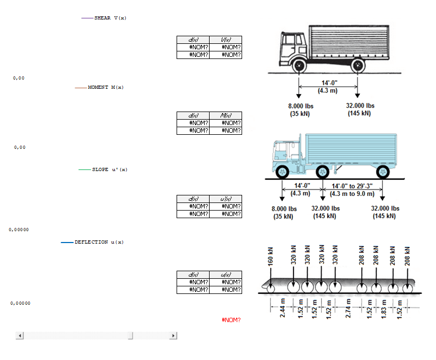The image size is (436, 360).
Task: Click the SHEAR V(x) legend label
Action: point(110,18)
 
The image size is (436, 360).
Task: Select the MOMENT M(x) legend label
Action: point(106,87)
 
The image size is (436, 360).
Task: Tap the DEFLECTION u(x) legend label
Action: point(99,242)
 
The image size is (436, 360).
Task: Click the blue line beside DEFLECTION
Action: point(67,243)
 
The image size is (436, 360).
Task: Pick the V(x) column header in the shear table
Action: point(225,40)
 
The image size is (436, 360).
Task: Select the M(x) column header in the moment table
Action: point(225,115)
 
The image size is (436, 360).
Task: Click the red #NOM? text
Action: point(231,320)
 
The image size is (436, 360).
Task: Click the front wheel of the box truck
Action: point(298,66)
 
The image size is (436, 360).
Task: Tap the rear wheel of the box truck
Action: point(357,66)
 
